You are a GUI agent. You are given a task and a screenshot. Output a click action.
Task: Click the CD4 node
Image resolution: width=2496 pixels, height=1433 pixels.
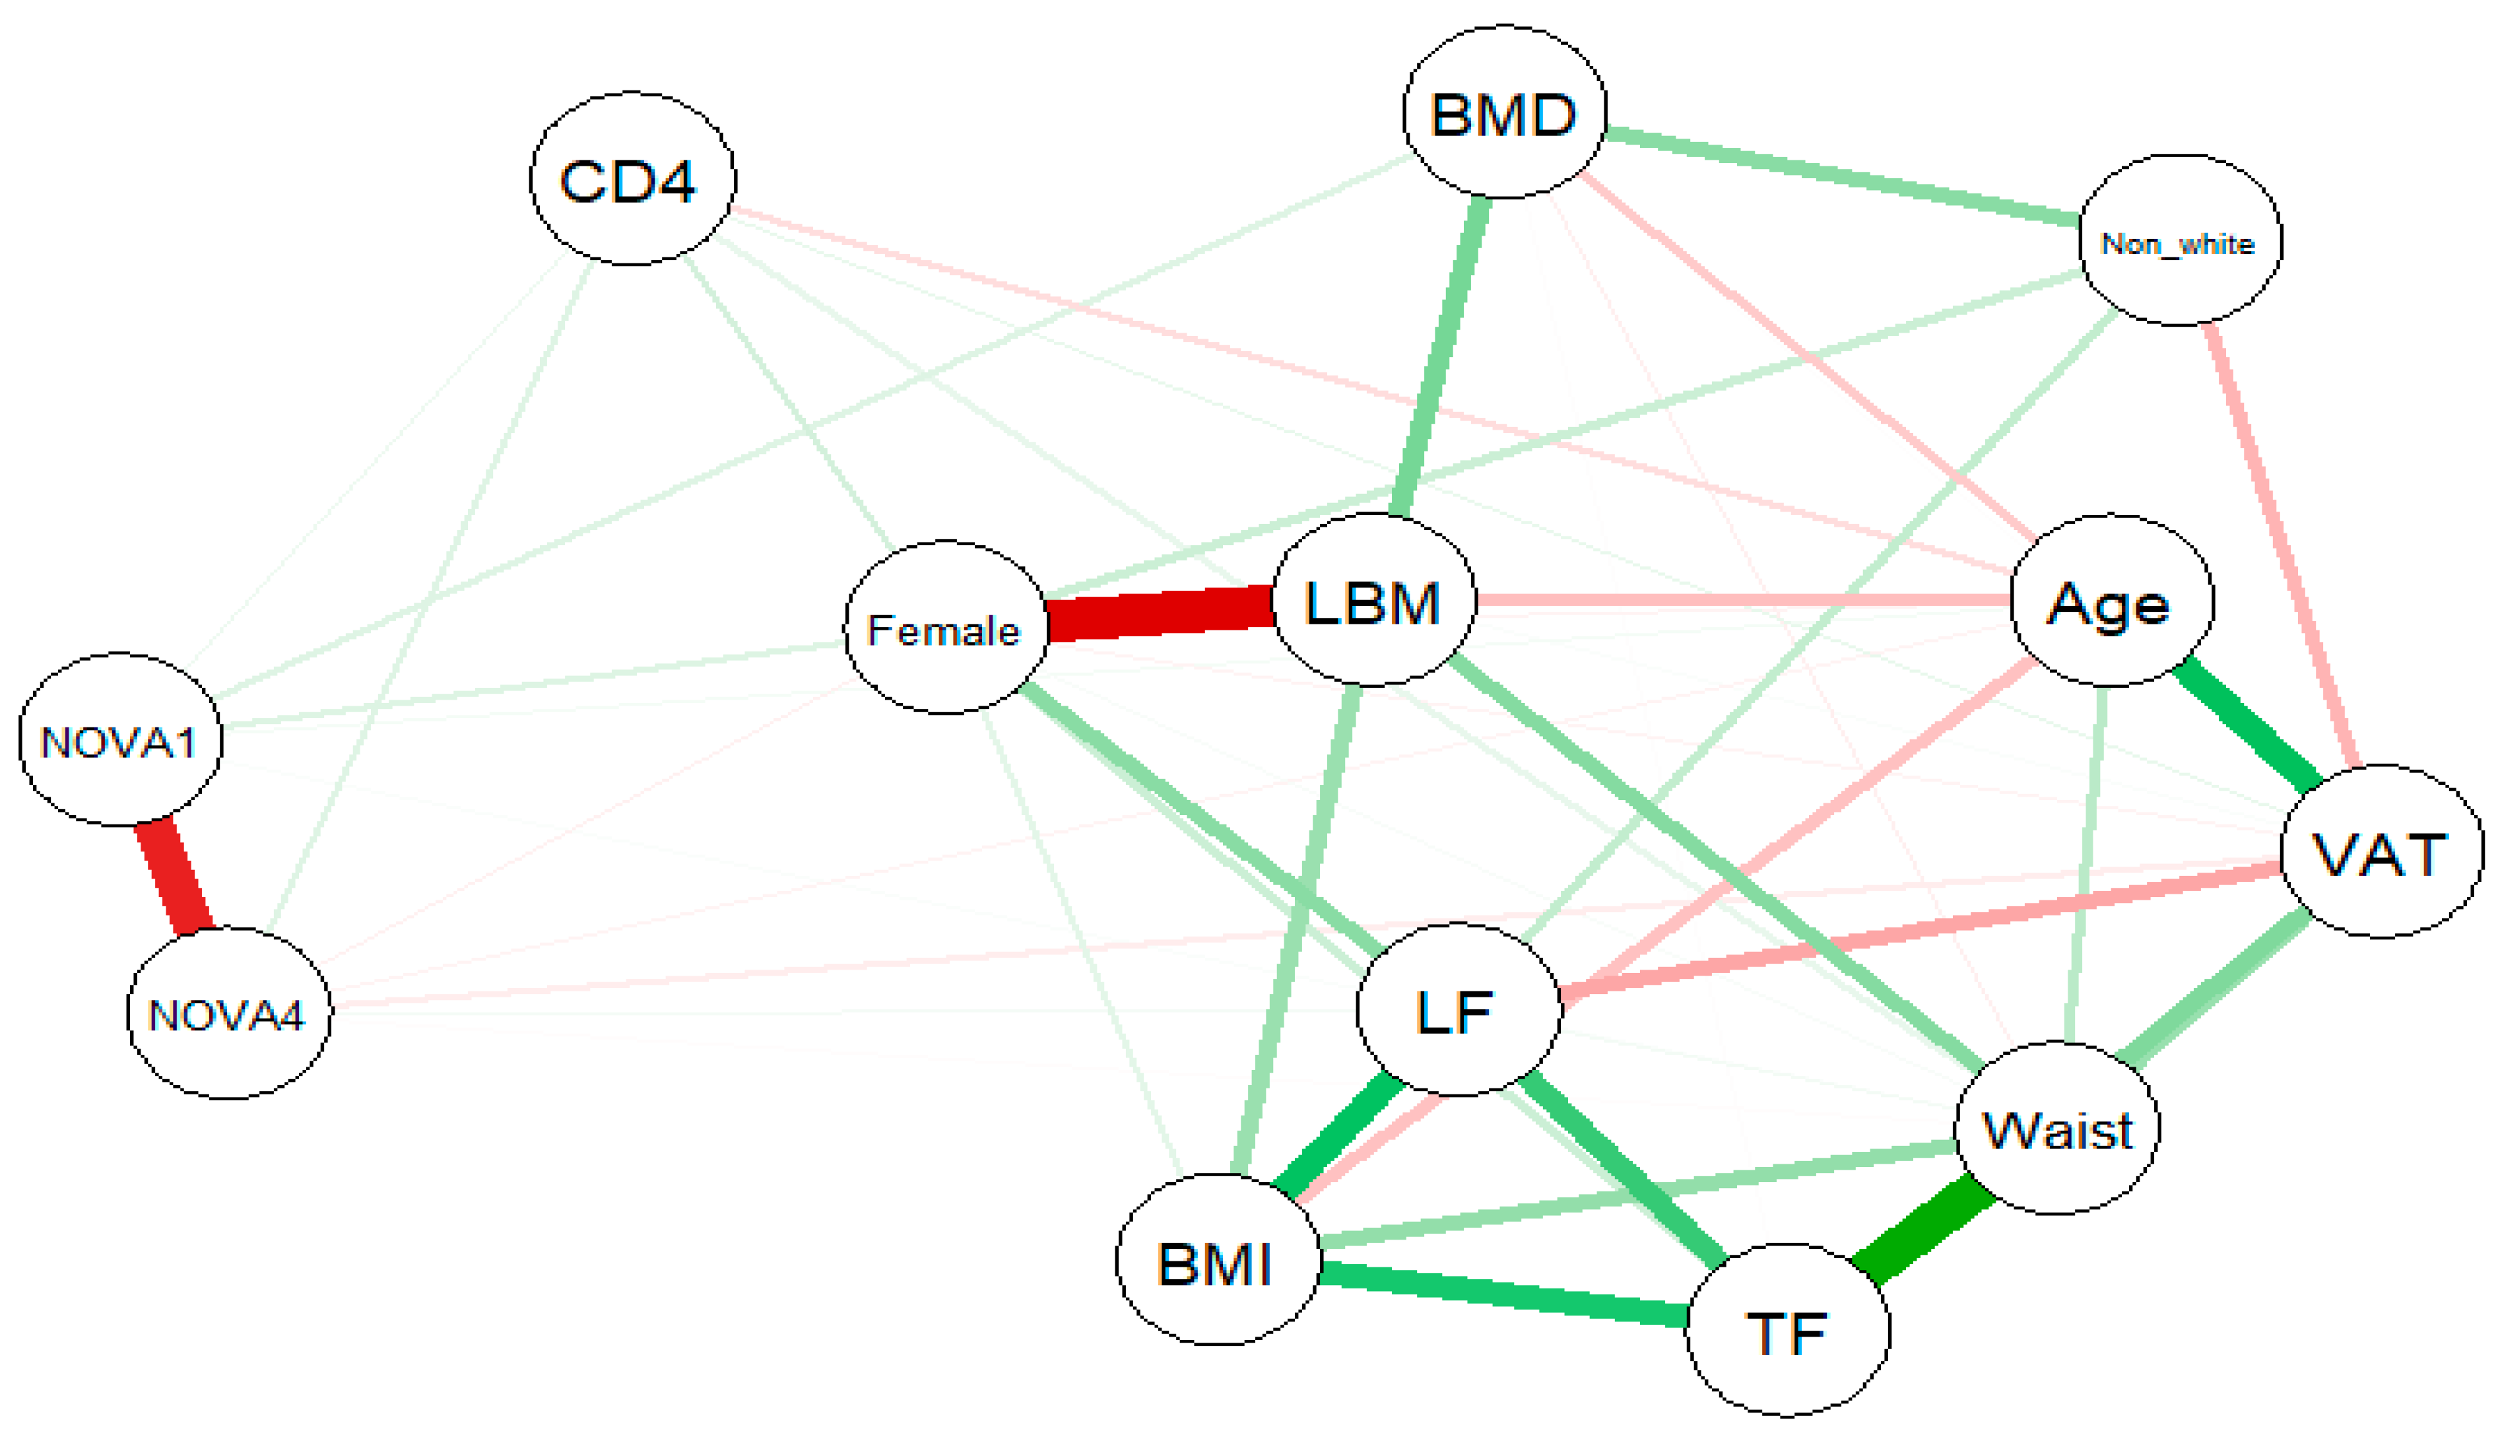point(632,179)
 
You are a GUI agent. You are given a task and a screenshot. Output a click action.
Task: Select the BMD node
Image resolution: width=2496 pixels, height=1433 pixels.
point(1503,112)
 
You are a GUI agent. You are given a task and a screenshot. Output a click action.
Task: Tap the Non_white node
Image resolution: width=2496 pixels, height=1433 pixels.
point(2179,241)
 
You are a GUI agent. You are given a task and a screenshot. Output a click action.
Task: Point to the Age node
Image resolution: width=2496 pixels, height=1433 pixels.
point(2111,601)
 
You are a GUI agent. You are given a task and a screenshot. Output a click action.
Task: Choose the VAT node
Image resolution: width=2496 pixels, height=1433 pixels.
point(2381,852)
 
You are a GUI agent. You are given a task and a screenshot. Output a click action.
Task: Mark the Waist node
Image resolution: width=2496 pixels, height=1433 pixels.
point(2057,1128)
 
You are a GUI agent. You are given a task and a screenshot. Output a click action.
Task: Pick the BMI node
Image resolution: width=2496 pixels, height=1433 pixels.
point(1217,1261)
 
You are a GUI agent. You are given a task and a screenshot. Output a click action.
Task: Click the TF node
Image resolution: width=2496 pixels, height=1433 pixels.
point(1787,1331)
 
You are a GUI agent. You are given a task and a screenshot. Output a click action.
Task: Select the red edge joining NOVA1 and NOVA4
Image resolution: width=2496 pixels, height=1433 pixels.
point(173,876)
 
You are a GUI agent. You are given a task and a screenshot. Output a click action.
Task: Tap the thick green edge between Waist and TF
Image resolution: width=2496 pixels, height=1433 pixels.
point(1923,1230)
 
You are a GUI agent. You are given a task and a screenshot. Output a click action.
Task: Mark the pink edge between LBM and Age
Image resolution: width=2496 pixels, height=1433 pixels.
point(1742,599)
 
